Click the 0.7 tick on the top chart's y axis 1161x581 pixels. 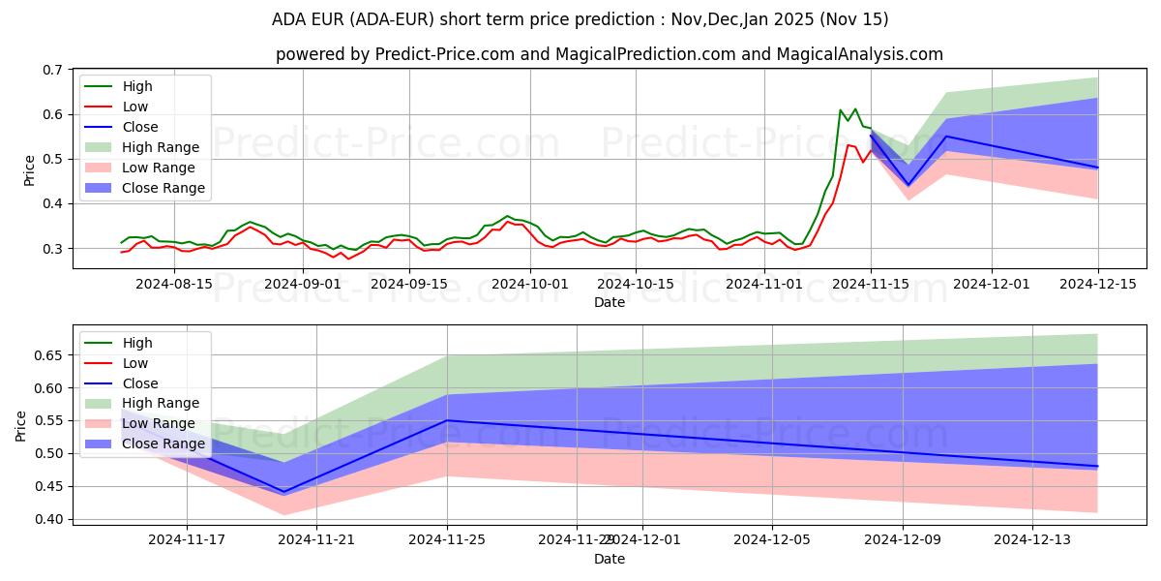pos(50,70)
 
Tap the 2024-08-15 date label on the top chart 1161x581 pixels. pos(173,284)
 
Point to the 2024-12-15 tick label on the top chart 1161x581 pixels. pos(1097,284)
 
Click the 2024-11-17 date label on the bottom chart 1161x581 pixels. pos(187,540)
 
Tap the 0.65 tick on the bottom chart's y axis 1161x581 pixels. pos(45,355)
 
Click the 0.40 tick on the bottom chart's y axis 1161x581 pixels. pos(45,519)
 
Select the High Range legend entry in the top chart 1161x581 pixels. pos(161,147)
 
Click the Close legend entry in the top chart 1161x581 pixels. pos(140,127)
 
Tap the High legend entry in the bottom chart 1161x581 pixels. pos(137,343)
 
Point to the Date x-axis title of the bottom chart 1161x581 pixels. pos(610,559)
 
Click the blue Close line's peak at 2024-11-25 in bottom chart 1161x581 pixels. pos(448,420)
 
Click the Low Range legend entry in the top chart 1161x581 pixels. pos(159,168)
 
